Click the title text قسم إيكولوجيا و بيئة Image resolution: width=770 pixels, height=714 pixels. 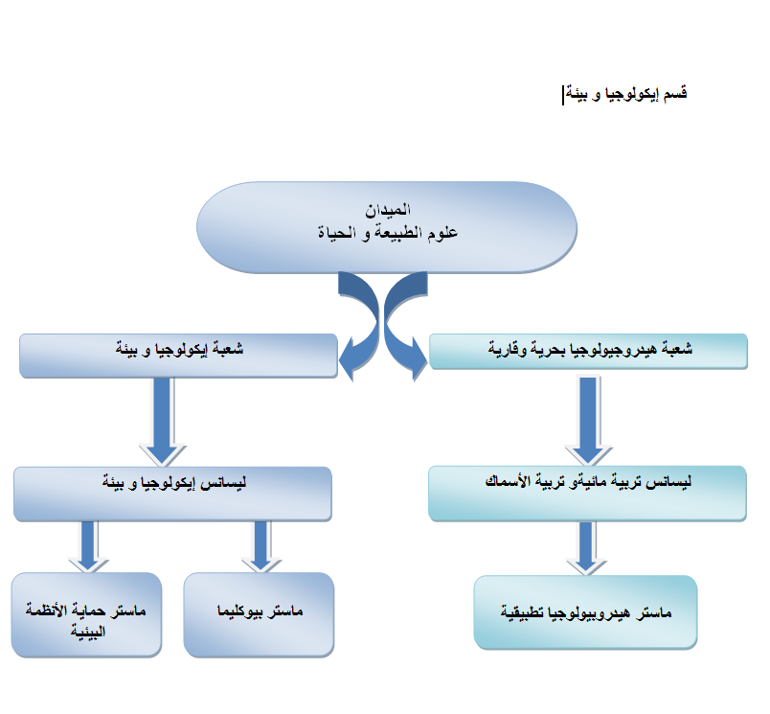click(x=626, y=93)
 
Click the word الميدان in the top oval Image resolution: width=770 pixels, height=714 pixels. click(x=388, y=210)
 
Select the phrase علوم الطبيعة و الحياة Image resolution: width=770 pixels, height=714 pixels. click(x=388, y=233)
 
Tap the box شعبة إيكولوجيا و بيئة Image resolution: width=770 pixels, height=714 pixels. click(x=178, y=356)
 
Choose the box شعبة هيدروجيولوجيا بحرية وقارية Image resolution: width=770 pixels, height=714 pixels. click(x=588, y=352)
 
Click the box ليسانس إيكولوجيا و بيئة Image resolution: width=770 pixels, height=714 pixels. click(x=172, y=494)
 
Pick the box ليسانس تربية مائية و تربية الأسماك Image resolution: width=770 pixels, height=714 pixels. click(x=587, y=494)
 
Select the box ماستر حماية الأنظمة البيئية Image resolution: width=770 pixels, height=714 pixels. click(x=86, y=614)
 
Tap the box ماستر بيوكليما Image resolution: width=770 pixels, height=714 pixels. click(x=259, y=614)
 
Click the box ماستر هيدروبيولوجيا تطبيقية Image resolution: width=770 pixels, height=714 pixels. click(x=585, y=612)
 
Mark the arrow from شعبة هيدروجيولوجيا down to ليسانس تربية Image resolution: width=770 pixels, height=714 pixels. click(x=588, y=421)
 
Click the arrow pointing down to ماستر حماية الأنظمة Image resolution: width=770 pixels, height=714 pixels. click(x=88, y=546)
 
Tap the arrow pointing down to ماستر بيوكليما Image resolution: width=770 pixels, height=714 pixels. click(x=260, y=546)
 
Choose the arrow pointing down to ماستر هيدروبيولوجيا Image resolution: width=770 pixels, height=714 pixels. click(x=586, y=548)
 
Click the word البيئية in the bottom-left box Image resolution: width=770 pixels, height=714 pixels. click(x=88, y=632)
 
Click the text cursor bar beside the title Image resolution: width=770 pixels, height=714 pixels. click(x=563, y=95)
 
